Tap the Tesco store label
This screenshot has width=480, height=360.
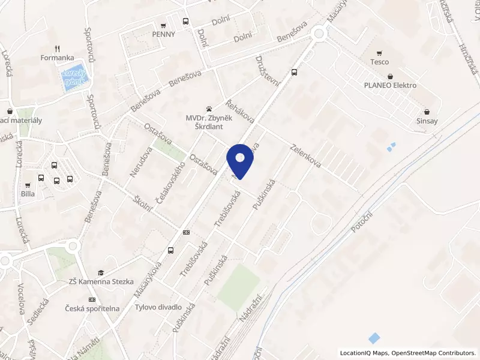pos(379,62)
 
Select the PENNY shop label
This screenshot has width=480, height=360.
pos(163,34)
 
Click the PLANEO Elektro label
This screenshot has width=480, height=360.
pos(390,85)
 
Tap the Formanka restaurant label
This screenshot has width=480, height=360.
pos(57,58)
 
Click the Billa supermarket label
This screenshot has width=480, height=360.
pos(28,194)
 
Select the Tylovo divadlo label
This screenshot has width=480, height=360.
pos(158,307)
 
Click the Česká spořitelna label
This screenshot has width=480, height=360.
pos(93,308)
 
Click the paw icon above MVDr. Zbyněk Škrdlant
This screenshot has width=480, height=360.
pos(208,109)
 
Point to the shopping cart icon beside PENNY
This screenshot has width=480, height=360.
pos(163,25)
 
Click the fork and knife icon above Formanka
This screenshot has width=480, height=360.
pos(57,49)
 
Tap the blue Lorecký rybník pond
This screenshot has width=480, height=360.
pos(76,78)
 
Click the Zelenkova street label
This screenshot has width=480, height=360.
pos(306,155)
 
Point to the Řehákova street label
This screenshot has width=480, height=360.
pos(240,110)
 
